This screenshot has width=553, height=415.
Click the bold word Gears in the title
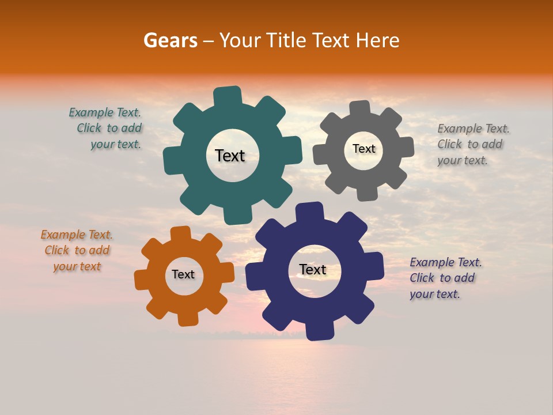tap(170, 40)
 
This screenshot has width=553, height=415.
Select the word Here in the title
tap(378, 40)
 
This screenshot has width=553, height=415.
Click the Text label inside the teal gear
tap(230, 156)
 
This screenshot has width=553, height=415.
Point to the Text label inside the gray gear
tap(363, 149)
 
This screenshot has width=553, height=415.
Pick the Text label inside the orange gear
tap(183, 274)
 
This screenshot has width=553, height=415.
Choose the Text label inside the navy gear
tap(313, 269)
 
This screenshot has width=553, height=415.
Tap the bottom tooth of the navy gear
tap(319, 331)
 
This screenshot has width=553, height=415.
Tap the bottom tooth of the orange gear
tap(187, 318)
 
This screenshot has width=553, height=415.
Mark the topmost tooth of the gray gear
tap(360, 108)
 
